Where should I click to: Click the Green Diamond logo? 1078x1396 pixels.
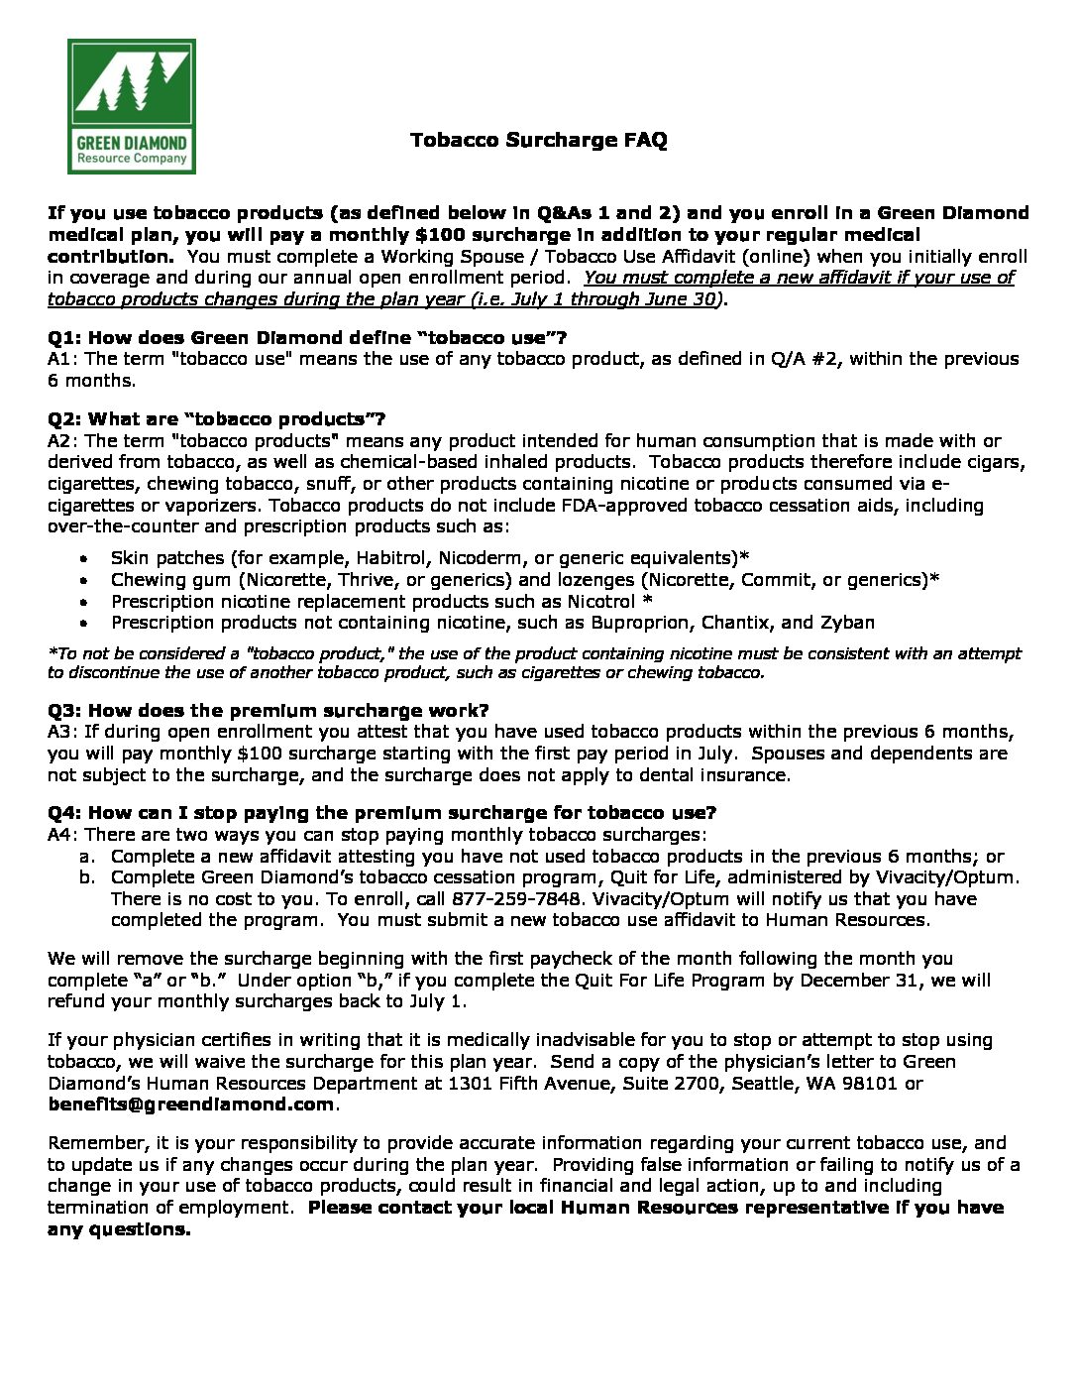point(132,106)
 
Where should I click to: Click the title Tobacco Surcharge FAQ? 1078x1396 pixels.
point(538,140)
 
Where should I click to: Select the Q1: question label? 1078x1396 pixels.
point(65,338)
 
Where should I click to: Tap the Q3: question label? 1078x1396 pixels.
point(65,711)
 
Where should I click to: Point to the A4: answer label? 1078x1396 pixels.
point(64,835)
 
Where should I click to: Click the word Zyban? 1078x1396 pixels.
point(847,623)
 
